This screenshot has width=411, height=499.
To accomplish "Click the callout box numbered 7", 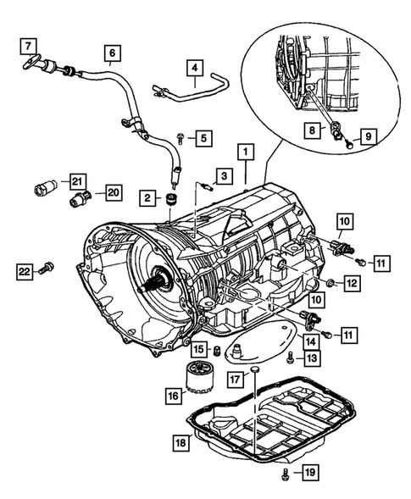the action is coord(28,47).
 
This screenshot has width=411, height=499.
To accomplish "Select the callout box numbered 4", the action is coord(195,68).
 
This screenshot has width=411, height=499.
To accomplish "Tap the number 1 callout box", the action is coord(246,152).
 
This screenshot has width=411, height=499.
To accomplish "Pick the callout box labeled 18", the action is coord(181,442).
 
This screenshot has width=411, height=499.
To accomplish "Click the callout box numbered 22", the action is coord(25,271).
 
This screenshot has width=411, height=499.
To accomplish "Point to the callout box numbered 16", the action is coord(174,396).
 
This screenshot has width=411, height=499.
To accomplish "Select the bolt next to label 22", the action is coord(47,268).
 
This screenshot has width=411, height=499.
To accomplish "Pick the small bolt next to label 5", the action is coord(180,138).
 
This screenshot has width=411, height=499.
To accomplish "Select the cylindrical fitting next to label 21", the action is coord(44,187).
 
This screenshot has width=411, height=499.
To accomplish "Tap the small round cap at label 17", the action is coord(255,369).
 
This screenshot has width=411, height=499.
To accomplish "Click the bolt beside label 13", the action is coord(290,358).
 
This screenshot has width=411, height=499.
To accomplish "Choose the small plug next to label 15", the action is coord(217,351).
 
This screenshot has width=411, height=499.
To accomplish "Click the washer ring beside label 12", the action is coord(330,281).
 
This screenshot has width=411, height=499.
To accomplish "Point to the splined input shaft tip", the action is coord(142,288).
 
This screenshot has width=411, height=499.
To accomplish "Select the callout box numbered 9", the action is coord(369,137).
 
